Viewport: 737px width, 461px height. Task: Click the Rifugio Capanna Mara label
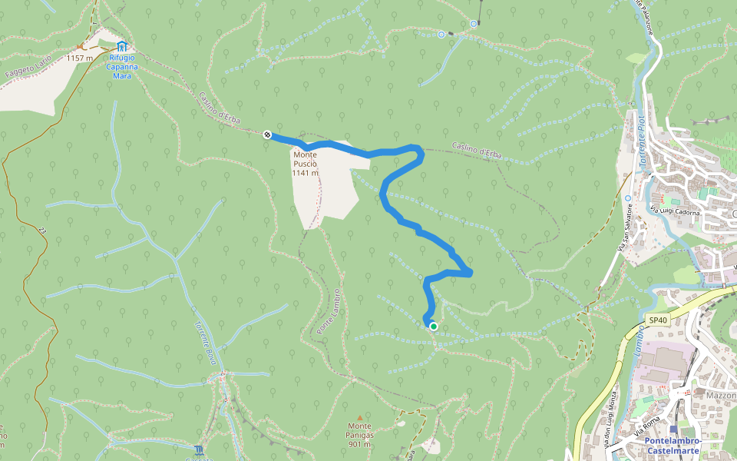click(123, 66)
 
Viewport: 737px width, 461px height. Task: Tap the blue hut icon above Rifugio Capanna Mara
click(122, 46)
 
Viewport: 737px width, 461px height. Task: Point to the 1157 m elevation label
click(79, 58)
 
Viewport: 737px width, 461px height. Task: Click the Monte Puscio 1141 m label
click(304, 163)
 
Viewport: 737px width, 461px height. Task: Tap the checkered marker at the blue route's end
click(266, 134)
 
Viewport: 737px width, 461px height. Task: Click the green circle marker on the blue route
click(434, 327)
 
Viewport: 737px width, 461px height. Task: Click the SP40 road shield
click(657, 320)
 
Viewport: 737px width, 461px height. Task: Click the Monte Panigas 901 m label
click(359, 434)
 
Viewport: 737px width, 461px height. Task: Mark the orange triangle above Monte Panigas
click(359, 416)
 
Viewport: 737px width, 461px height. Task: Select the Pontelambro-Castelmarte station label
click(673, 446)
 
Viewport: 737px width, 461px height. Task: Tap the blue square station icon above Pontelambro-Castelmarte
click(673, 429)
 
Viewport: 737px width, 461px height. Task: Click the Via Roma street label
click(646, 425)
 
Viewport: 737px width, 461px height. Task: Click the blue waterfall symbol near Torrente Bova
click(200, 449)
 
